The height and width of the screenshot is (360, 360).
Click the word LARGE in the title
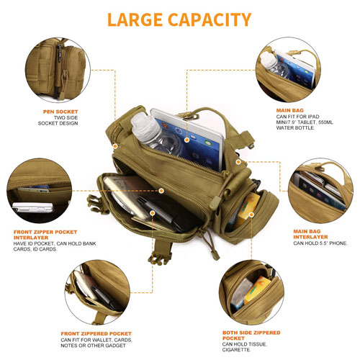(x=135, y=19)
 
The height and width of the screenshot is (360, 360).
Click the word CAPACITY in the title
(x=210, y=19)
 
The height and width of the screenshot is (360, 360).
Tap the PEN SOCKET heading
(x=60, y=112)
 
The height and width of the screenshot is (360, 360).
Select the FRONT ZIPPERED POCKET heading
(x=96, y=333)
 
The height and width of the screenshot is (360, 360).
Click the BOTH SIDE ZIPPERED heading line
(x=251, y=333)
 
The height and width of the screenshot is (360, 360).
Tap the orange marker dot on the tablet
(x=186, y=140)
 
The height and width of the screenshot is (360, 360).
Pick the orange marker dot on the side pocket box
(x=251, y=215)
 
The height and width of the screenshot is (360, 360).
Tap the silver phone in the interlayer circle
(x=32, y=207)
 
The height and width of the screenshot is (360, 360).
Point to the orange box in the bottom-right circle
(x=257, y=290)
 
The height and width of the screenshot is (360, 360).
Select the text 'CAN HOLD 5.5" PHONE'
(x=320, y=243)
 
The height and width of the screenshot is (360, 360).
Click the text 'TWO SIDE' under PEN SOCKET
(x=66, y=117)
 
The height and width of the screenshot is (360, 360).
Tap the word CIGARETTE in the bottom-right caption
(x=236, y=350)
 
